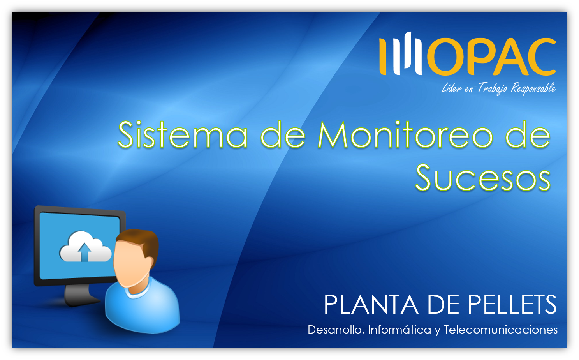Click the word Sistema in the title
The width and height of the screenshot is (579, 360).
pyautogui.click(x=183, y=135)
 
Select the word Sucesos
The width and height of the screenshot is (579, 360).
pyautogui.click(x=483, y=178)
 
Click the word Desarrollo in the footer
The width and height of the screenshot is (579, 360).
pyautogui.click(x=336, y=330)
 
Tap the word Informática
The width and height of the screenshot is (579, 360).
pyautogui.click(x=399, y=329)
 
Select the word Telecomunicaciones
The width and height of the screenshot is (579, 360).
pyautogui.click(x=501, y=330)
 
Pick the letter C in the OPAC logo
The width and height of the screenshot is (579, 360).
pyautogui.click(x=539, y=56)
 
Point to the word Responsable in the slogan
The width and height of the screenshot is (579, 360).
pyautogui.click(x=533, y=88)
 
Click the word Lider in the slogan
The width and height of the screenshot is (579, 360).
pyautogui.click(x=452, y=88)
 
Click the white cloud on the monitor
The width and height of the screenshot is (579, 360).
pyautogui.click(x=85, y=247)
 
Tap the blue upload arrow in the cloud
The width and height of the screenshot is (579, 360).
pyautogui.click(x=84, y=252)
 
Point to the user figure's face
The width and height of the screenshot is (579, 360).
pyautogui.click(x=130, y=264)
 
